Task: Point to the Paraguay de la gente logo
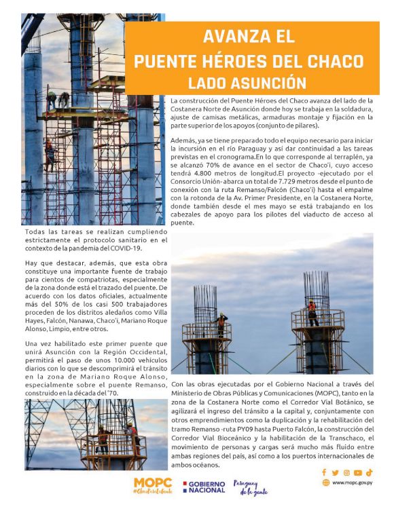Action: click(250, 487)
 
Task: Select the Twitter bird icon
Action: click(335, 472)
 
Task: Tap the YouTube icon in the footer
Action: click(357, 472)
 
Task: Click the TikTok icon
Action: click(369, 472)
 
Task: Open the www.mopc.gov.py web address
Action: click(352, 483)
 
